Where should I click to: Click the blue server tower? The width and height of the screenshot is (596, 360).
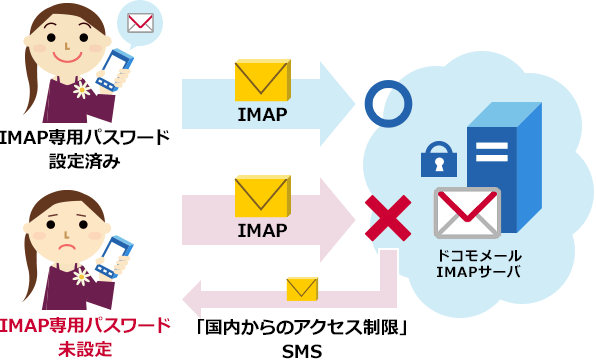(501, 165)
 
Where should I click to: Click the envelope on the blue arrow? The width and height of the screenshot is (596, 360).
(262, 82)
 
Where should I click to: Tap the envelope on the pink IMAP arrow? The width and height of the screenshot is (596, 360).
(262, 198)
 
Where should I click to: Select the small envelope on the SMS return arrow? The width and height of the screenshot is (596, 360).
(301, 290)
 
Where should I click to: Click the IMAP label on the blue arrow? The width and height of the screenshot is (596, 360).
(262, 115)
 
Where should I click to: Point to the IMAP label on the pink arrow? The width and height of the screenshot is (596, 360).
(262, 231)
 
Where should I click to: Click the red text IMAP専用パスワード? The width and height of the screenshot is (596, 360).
(86, 327)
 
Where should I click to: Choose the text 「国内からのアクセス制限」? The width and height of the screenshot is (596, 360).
(302, 327)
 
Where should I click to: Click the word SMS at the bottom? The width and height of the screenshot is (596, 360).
(302, 349)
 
